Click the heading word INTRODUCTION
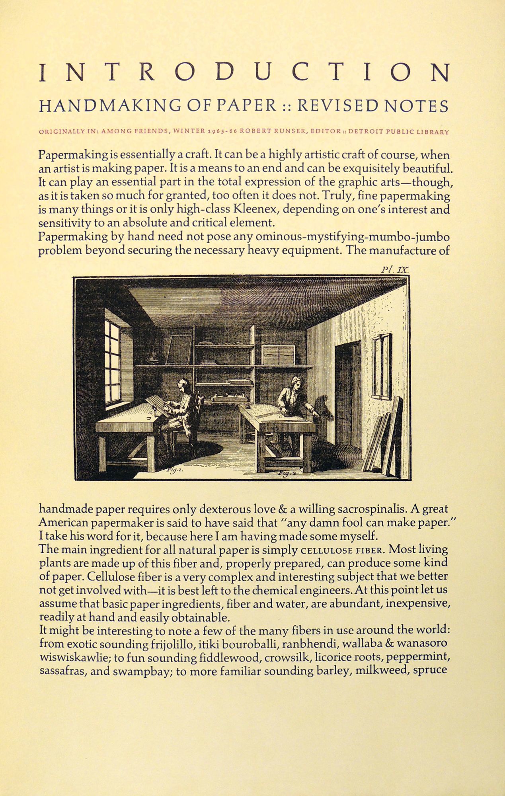(245, 73)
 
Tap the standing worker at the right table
(289, 398)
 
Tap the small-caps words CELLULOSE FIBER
(342, 550)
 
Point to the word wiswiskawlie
(75, 657)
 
